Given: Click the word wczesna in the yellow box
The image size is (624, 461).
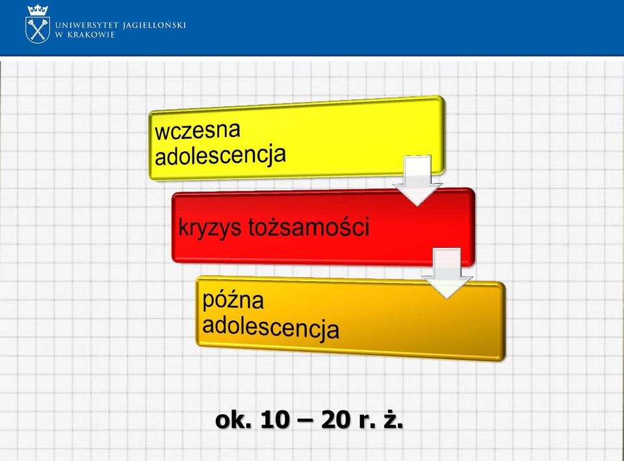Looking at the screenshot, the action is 198,130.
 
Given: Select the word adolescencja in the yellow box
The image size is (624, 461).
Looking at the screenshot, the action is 220,155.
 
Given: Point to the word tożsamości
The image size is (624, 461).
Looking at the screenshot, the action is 309,227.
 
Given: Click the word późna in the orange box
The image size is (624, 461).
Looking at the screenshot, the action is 233,301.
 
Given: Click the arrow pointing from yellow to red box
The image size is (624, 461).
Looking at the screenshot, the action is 417,180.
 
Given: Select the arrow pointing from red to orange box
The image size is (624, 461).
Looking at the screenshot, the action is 447,273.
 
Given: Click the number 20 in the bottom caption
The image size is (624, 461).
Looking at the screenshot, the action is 336,420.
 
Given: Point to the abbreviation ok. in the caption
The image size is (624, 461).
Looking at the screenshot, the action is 233,420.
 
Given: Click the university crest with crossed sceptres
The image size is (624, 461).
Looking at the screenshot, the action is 38,30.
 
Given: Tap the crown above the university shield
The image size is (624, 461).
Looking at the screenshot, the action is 38,10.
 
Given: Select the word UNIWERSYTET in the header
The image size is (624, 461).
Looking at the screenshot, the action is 86,25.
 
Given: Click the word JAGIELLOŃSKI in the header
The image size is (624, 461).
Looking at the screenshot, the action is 155,25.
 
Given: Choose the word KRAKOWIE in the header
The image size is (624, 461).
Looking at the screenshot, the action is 91,34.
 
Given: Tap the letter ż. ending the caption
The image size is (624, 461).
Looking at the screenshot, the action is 394,419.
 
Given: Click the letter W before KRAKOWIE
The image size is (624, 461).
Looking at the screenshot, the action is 59,34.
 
